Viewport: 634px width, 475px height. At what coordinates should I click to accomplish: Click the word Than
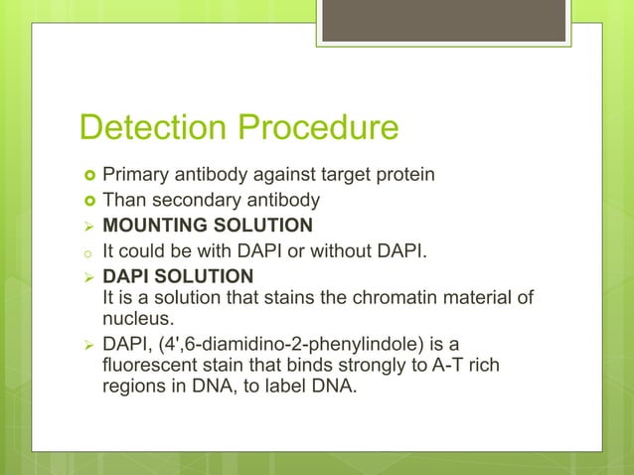123,200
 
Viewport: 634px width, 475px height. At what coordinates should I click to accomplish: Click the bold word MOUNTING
166,225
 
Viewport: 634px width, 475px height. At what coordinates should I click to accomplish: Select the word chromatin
392,298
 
